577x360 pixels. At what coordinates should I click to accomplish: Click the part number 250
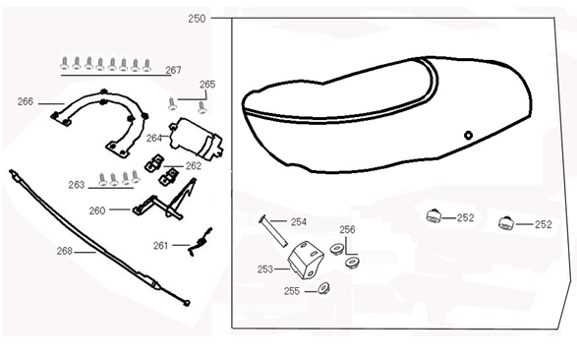197,19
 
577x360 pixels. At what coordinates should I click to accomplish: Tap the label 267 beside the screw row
173,70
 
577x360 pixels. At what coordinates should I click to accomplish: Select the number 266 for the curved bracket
26,101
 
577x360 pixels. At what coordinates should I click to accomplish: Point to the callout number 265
207,85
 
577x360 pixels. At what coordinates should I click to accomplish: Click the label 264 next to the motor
154,138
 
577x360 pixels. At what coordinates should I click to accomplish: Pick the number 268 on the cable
65,251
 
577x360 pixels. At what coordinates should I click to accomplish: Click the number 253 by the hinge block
265,270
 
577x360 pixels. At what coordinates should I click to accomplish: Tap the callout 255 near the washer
292,291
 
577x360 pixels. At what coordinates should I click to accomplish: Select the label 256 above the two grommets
347,230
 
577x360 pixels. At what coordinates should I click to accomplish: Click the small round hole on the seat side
468,135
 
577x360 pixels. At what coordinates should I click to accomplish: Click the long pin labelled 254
273,231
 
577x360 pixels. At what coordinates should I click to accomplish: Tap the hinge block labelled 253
305,260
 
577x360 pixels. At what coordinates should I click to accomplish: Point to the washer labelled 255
323,288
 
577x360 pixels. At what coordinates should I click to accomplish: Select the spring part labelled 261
201,242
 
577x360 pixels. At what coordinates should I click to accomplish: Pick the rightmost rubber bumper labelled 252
506,222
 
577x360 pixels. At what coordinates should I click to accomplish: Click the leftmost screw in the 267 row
65,63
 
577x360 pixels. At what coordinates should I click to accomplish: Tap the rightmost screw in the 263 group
136,177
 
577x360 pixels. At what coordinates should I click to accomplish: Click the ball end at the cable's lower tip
187,303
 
